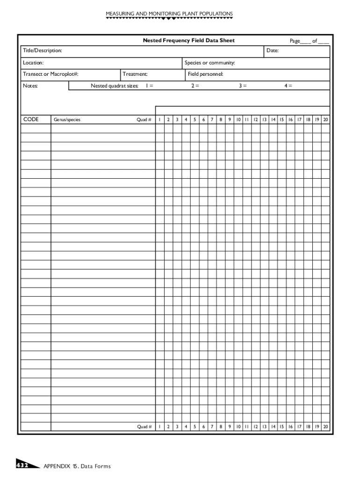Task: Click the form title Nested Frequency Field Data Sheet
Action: coord(188,41)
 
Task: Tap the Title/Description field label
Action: coord(43,51)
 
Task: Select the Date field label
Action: coord(272,51)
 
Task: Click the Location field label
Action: coord(33,63)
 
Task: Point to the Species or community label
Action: coord(209,63)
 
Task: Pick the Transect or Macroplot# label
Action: coord(50,74)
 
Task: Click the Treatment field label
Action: coord(135,74)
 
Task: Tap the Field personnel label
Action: coord(205,74)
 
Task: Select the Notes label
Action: coord(30,86)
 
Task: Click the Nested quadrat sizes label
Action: coord(114,86)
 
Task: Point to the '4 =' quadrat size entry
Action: coord(288,86)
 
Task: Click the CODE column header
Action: coord(31,119)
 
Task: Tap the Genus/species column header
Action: coord(67,120)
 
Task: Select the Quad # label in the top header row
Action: coord(144,120)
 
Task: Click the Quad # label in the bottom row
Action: coord(144,427)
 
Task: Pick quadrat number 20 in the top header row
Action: coord(326,120)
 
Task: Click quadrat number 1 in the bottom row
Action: coord(159,427)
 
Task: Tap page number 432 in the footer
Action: coord(22,465)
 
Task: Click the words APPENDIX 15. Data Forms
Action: coord(77,466)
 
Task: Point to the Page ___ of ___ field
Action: coord(309,41)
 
